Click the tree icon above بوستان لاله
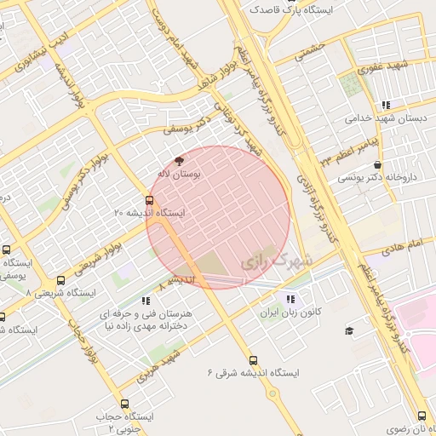tap(179, 160)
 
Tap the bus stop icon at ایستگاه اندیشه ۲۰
tap(150, 201)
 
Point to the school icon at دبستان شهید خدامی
tap(387, 105)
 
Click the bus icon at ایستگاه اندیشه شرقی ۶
tap(252, 360)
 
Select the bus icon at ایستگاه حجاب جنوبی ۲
tap(125, 404)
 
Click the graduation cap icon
tap(348, 330)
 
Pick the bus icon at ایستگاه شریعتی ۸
tap(60, 280)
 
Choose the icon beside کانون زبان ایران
tap(291, 299)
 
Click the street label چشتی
tap(312, 53)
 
